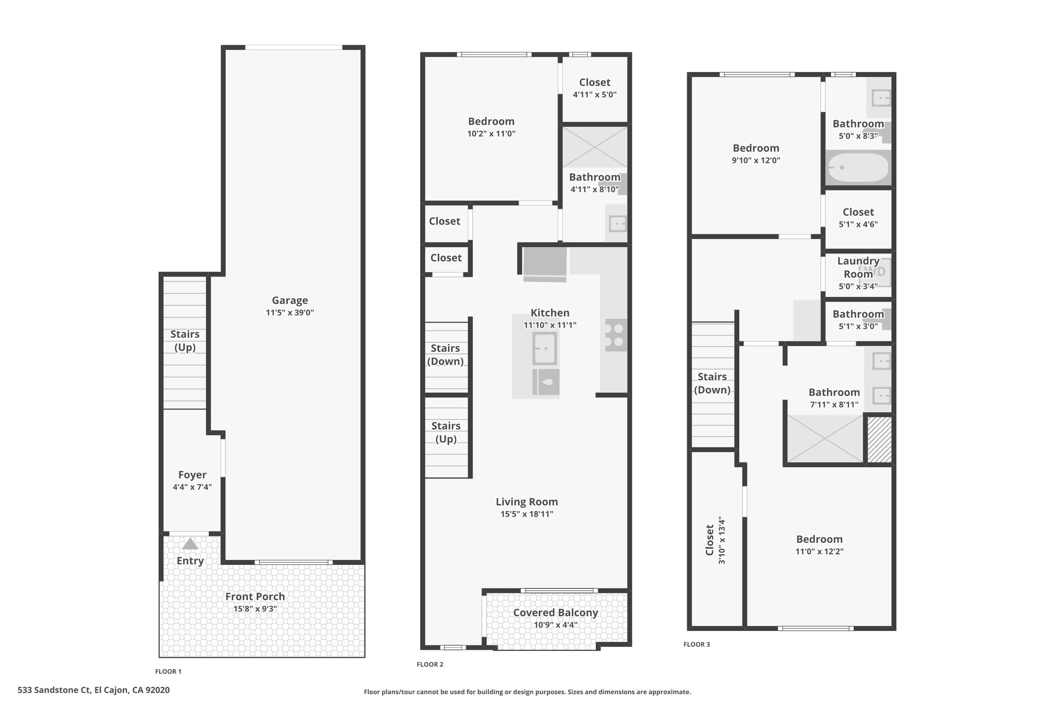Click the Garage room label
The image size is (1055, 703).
[x=290, y=300]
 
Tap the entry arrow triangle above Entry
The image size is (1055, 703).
[x=190, y=543]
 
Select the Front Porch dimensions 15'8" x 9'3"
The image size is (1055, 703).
[x=255, y=609]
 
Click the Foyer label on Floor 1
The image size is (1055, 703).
[x=192, y=475]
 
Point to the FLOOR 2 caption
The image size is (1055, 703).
[x=430, y=664]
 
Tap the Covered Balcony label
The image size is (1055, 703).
[x=555, y=613]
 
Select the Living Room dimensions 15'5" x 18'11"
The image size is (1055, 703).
[x=527, y=514]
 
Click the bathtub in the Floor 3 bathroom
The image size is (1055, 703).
[x=858, y=168]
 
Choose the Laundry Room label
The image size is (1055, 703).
[x=858, y=267]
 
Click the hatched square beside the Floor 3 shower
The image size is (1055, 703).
[x=879, y=439]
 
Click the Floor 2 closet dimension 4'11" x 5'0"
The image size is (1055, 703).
[x=594, y=95]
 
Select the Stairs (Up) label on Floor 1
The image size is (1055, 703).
[x=185, y=340]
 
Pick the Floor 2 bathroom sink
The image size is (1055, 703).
[x=617, y=224]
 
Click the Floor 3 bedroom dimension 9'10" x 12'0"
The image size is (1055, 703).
[x=756, y=160]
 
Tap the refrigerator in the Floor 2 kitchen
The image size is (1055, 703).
[x=545, y=264]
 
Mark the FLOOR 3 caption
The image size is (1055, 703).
[x=697, y=644]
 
